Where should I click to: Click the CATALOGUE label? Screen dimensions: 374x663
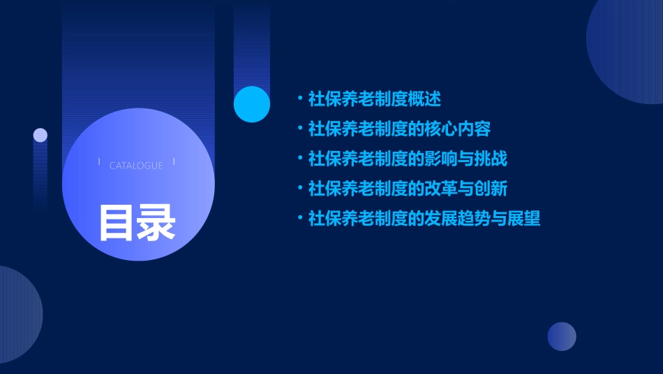click(x=136, y=166)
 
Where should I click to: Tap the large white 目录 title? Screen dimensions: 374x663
click(x=137, y=222)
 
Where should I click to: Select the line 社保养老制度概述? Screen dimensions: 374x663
click(x=375, y=99)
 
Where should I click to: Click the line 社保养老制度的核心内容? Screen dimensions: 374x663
click(x=399, y=129)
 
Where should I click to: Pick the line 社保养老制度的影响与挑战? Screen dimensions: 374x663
click(x=408, y=159)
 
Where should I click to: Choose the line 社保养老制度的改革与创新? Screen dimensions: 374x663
click(x=408, y=189)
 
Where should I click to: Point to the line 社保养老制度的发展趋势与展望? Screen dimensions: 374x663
click(x=424, y=219)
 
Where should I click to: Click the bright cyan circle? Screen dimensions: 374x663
click(x=252, y=104)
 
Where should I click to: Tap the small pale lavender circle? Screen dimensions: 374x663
click(x=40, y=135)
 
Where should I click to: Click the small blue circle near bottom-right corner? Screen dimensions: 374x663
click(x=562, y=336)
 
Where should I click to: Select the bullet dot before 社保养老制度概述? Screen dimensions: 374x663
click(x=300, y=99)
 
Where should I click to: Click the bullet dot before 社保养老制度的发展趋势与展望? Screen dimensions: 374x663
click(x=300, y=218)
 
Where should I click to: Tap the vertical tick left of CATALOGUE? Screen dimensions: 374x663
click(x=99, y=161)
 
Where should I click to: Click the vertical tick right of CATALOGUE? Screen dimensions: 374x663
click(x=174, y=161)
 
